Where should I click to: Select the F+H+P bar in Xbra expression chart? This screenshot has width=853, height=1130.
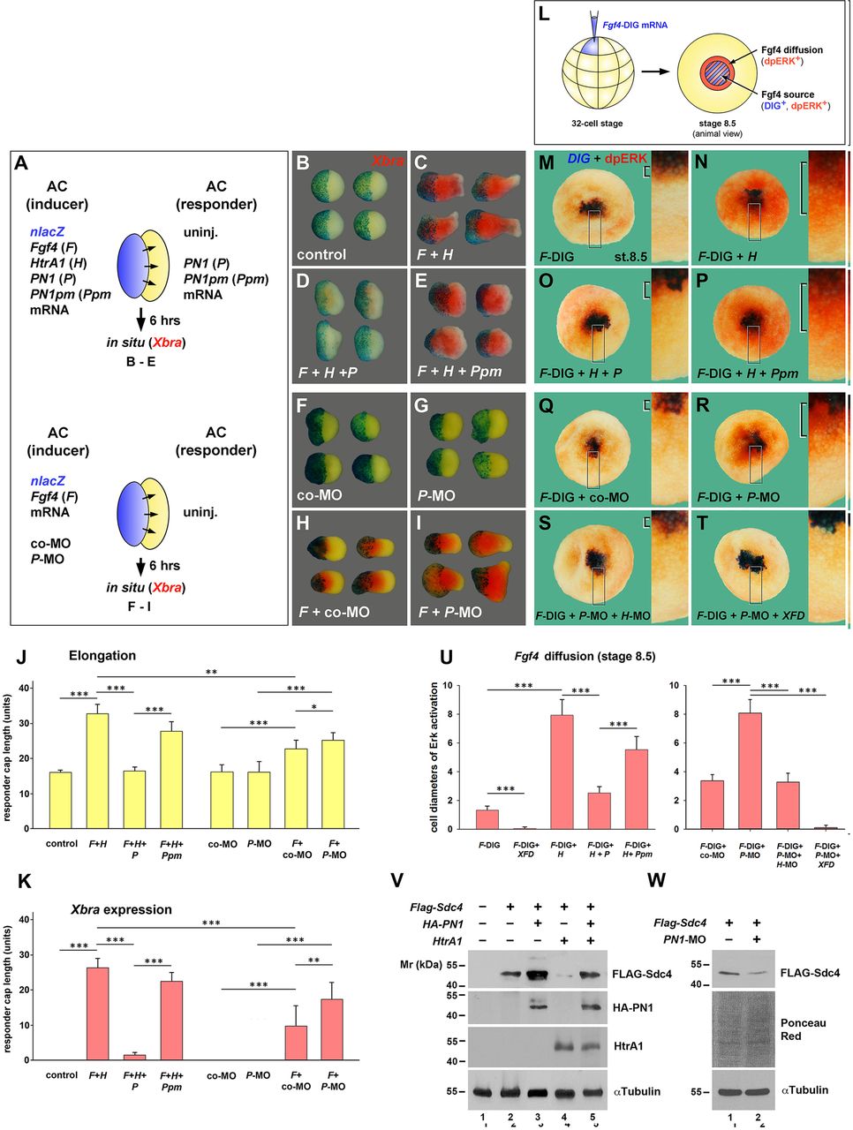(x=134, y=1057)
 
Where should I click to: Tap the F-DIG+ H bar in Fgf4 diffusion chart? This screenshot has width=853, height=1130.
(x=562, y=772)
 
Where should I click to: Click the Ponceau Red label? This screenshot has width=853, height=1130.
(x=804, y=1029)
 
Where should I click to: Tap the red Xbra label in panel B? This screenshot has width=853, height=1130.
(x=388, y=162)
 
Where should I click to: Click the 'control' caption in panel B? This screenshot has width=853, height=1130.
(x=321, y=254)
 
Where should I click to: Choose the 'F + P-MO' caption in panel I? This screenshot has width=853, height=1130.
(x=450, y=612)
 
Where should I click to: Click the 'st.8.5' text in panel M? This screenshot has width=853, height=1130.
(x=630, y=257)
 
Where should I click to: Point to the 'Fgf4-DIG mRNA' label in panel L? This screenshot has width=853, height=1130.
(x=635, y=25)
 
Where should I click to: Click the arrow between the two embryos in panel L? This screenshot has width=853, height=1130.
(x=654, y=70)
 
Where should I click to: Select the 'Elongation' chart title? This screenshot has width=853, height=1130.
(x=102, y=656)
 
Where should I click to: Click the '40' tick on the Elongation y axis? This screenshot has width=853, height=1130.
(x=26, y=688)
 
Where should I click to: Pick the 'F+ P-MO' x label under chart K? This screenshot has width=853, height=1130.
(x=333, y=1081)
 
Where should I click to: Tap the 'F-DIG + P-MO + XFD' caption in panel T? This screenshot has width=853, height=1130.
(x=751, y=614)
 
